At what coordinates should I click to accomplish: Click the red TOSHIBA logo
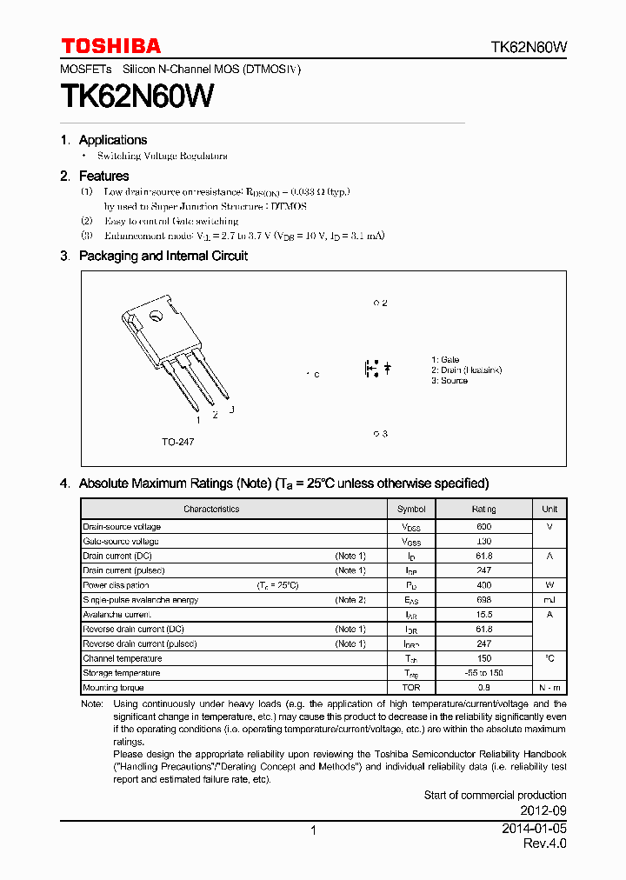110,46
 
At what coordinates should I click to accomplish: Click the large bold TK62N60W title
137,96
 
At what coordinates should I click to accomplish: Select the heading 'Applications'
113,140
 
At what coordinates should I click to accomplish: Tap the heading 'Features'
103,176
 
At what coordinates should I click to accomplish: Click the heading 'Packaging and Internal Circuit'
163,256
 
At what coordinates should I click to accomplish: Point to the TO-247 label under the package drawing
177,442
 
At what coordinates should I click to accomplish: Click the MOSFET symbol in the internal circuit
376,369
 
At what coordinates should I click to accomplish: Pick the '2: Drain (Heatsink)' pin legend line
466,370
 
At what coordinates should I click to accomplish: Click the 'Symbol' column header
411,509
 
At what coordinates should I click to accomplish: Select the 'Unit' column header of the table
549,509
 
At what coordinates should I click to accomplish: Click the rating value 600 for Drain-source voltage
484,527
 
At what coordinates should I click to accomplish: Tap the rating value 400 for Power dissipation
484,585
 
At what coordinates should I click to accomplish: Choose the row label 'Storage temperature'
122,673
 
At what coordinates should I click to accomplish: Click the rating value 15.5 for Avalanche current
484,615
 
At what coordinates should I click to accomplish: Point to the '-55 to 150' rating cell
484,673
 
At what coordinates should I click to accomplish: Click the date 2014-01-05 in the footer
534,829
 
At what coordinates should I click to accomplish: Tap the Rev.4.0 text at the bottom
544,844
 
